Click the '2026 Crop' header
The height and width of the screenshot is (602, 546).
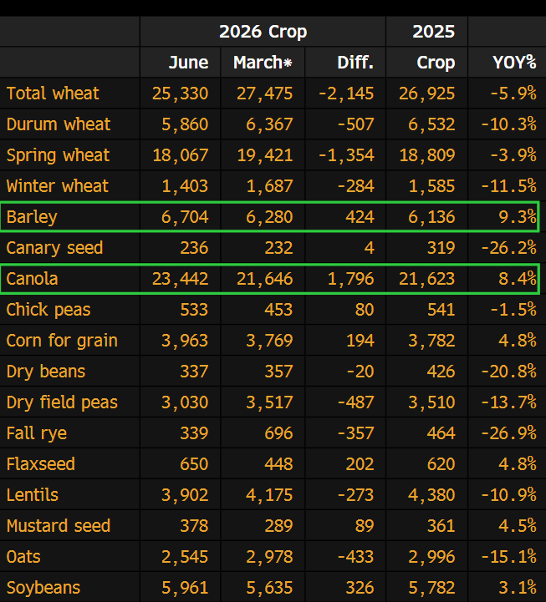click(263, 32)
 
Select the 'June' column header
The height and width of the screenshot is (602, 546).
click(188, 62)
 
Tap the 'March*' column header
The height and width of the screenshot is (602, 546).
click(263, 62)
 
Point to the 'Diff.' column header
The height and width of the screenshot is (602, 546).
click(355, 62)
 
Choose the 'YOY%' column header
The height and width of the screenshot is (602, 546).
click(514, 62)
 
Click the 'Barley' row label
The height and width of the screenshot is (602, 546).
click(32, 217)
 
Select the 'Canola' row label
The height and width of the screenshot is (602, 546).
click(32, 279)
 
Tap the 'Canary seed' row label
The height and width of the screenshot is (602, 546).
click(54, 248)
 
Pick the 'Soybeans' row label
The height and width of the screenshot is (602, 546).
click(43, 588)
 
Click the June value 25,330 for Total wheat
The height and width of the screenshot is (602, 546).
click(181, 94)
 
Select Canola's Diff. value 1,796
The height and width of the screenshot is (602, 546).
click(350, 279)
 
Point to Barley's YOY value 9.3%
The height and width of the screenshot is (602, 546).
click(518, 217)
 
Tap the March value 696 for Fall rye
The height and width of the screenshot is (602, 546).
click(278, 433)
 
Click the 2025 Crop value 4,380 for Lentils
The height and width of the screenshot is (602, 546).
click(431, 495)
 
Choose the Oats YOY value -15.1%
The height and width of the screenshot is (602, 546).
click(509, 557)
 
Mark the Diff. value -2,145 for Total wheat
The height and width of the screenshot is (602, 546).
click(346, 94)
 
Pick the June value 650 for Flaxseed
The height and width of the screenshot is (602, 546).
click(194, 463)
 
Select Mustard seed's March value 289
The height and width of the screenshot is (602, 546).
click(278, 525)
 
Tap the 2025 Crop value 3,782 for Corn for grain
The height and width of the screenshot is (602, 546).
click(431, 341)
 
